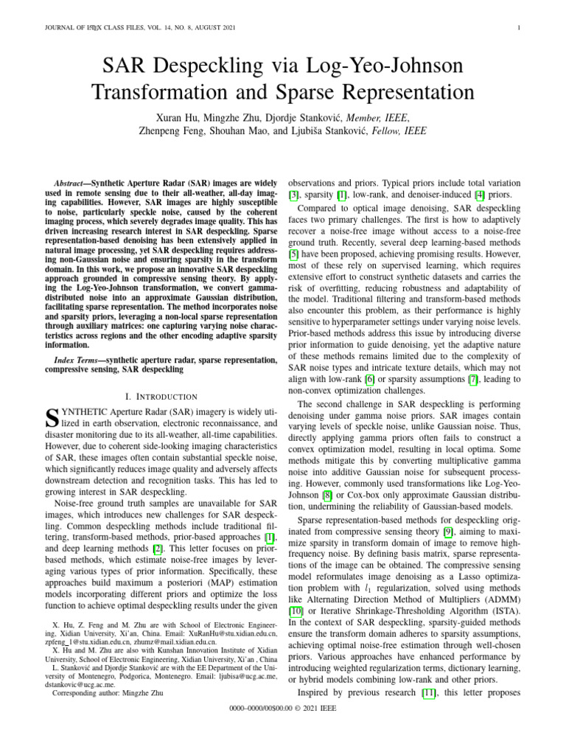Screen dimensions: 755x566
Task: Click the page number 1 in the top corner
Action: tap(520, 29)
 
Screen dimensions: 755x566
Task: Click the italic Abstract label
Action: tap(73, 182)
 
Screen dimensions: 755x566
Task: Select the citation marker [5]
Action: tap(293, 253)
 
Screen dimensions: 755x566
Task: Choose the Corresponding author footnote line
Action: tap(108, 693)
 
